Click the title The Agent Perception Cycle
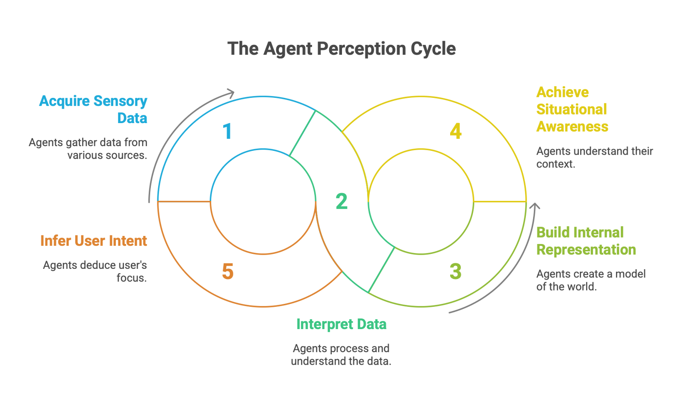341,49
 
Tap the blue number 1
227,131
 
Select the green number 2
342,201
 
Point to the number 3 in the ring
456,271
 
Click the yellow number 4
456,131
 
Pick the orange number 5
228,271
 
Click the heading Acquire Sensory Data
93,109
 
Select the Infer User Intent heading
93,241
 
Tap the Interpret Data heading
341,324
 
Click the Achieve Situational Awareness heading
572,109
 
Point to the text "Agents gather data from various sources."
88,149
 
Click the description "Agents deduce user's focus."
95,271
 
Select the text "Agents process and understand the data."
341,355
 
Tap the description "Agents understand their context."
595,157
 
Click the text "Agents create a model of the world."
591,280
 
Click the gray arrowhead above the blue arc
231,93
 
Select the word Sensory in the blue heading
120,101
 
